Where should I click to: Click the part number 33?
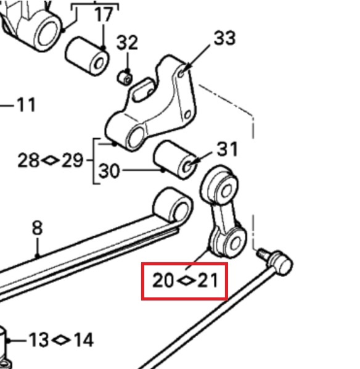click(x=224, y=38)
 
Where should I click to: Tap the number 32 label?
click(x=127, y=43)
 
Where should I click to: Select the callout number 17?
click(x=104, y=15)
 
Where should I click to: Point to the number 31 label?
click(x=227, y=149)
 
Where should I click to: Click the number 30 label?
click(x=109, y=170)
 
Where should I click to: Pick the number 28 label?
click(x=28, y=160)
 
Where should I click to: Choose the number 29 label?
click(x=72, y=160)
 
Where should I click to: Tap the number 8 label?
click(x=38, y=228)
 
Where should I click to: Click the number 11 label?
click(x=26, y=105)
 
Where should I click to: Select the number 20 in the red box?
click(x=163, y=280)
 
